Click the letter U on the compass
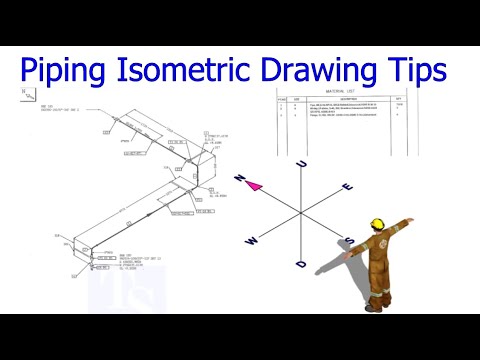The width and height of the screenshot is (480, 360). pos(300,167)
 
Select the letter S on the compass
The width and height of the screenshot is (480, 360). pos(350,241)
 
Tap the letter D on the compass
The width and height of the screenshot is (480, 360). pos(301,263)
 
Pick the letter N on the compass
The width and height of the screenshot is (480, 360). pos(240,177)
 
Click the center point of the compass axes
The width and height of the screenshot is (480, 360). pos(299,214)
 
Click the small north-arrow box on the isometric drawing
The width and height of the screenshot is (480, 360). pos(24,96)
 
